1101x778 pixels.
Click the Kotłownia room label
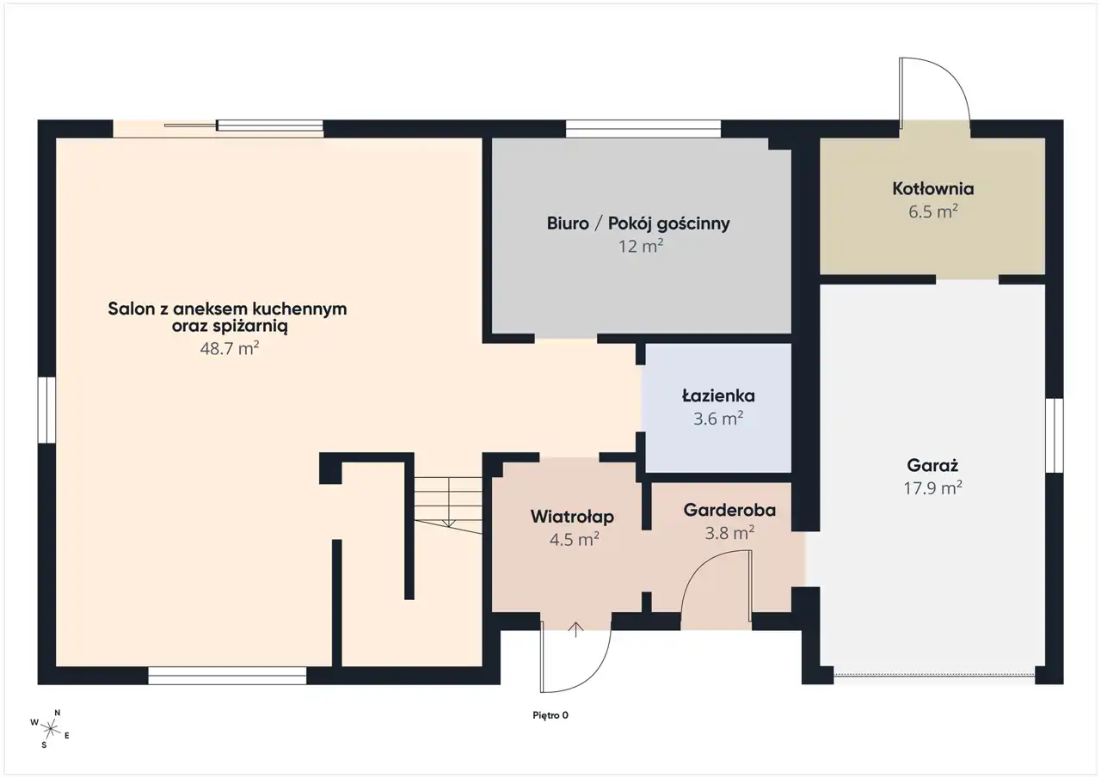click(933, 189)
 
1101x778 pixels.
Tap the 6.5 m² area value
click(933, 211)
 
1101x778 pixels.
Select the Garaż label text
click(932, 466)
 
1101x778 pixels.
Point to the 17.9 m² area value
click(933, 487)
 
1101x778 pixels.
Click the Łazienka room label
click(718, 395)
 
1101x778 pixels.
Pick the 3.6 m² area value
click(718, 419)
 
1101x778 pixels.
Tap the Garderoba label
click(729, 511)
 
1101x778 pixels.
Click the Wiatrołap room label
click(572, 517)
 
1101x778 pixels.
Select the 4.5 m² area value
click(574, 539)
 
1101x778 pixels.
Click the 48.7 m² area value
click(230, 348)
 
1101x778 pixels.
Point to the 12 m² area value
click(641, 246)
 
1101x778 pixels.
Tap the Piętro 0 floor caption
click(550, 715)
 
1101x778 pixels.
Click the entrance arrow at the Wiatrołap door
click(575, 629)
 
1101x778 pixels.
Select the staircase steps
click(448, 505)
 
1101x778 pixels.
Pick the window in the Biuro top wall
click(643, 129)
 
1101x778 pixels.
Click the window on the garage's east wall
click(1055, 435)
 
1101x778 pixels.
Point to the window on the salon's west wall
click(46, 410)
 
